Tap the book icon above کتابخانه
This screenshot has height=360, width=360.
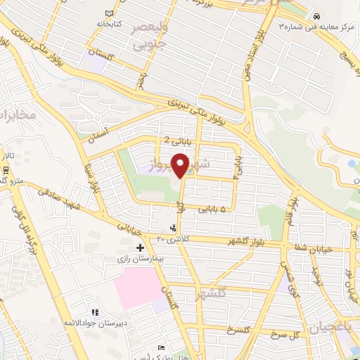tap(108, 13)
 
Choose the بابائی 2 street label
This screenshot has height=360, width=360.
tap(177, 141)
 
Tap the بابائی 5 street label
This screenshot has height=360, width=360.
tap(213, 209)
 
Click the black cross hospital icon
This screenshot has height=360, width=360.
tap(141, 247)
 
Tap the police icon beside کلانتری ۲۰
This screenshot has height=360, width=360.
tap(173, 228)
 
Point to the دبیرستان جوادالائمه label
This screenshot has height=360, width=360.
tap(94, 323)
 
